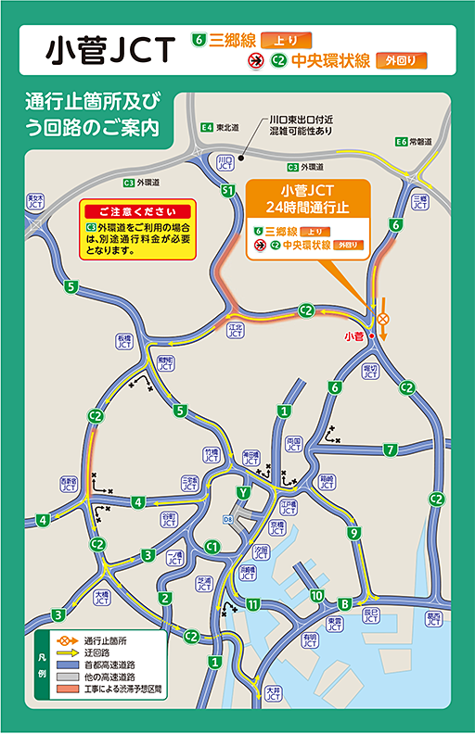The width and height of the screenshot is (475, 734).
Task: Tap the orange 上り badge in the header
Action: pos(286,41)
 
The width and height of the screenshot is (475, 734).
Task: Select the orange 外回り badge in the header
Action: pos(402,61)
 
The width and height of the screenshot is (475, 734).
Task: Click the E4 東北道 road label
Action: pos(220,127)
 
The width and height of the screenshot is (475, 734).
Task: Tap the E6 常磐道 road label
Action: pos(414,142)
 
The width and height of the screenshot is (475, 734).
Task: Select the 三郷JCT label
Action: pos(418,199)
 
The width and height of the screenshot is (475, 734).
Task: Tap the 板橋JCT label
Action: pos(124,341)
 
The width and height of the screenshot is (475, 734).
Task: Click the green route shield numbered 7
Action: pos(391,449)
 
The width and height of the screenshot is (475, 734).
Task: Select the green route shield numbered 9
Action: pos(353,533)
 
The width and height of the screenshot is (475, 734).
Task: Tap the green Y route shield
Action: pos(243,492)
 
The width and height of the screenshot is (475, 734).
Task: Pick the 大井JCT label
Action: pos(272,692)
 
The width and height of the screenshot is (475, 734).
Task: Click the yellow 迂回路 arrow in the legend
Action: pos(67,652)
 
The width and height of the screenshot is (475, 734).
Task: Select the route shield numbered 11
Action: pos(253,605)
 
